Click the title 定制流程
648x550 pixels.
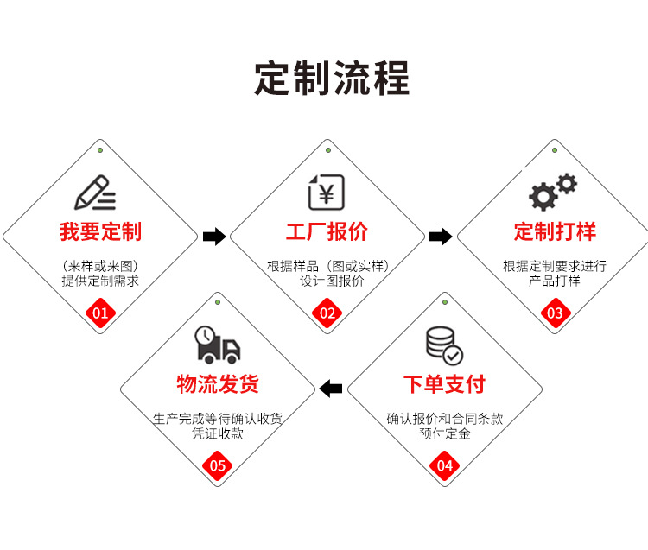click(332, 78)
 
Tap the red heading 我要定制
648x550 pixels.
click(100, 231)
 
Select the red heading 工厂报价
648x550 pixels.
click(327, 231)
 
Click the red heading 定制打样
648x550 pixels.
click(555, 231)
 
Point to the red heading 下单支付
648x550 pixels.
click(444, 384)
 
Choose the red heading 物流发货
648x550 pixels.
click(218, 384)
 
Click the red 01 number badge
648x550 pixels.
click(100, 313)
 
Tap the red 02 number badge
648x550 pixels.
click(327, 313)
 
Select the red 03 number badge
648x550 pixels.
click(555, 313)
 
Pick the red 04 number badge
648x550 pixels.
click(444, 466)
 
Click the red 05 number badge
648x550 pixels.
click(218, 466)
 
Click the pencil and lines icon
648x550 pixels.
click(95, 192)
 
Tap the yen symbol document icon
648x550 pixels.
click(327, 192)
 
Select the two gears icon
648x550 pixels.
click(552, 192)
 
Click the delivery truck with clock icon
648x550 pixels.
click(217, 345)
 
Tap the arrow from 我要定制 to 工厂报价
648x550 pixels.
click(213, 237)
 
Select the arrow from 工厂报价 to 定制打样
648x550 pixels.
click(441, 237)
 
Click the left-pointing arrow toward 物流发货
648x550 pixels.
click(331, 389)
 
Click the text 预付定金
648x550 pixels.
click(444, 434)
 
